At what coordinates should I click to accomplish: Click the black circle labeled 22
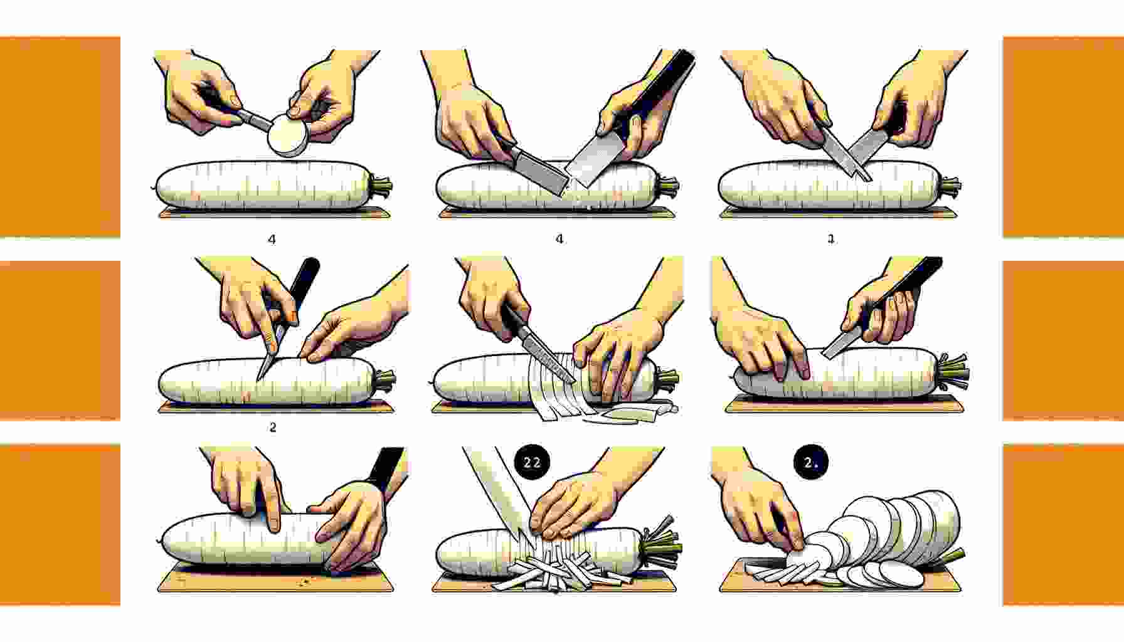(x=531, y=463)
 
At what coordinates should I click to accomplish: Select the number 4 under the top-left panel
(x=272, y=239)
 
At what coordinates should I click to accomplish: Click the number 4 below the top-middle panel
(x=559, y=239)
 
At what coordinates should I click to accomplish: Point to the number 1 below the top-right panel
(x=831, y=239)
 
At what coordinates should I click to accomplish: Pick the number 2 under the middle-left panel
(x=272, y=428)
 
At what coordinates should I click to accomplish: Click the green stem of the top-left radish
(x=381, y=185)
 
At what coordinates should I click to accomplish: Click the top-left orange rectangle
(x=60, y=137)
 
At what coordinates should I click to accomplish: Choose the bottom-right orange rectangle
(x=1063, y=524)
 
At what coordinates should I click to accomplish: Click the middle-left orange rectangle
(x=60, y=340)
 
